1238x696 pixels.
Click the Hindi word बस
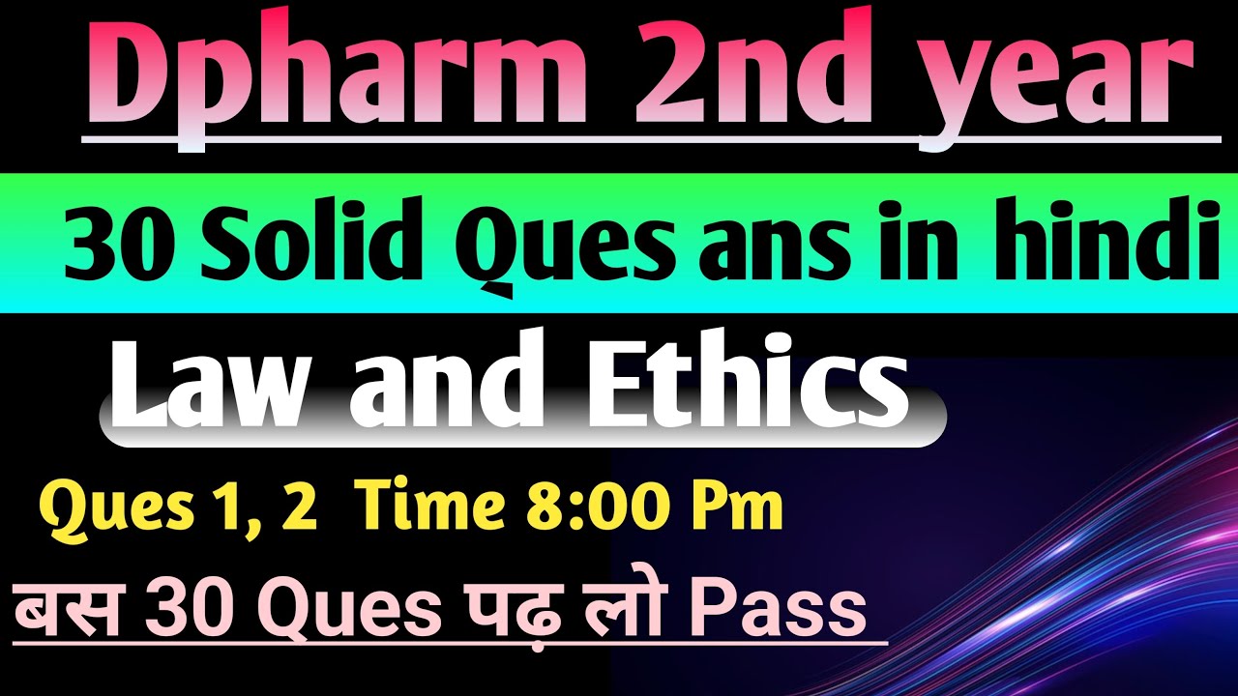click(x=63, y=609)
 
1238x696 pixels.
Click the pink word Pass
click(x=775, y=609)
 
